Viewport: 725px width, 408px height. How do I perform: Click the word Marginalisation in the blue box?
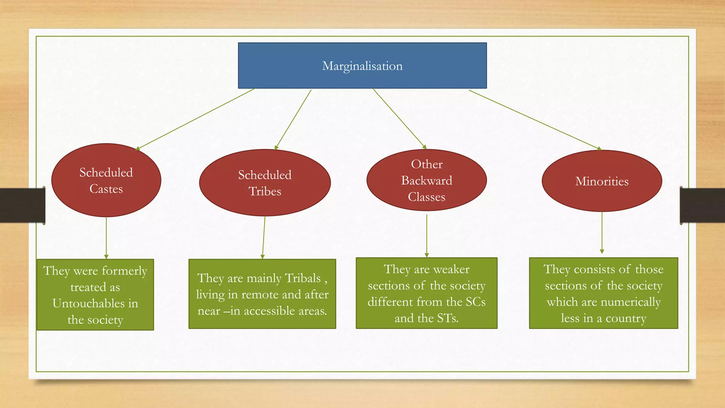pyautogui.click(x=362, y=66)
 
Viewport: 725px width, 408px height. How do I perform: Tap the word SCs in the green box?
pyautogui.click(x=475, y=302)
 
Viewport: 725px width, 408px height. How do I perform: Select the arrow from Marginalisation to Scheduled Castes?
pyautogui.click(x=195, y=119)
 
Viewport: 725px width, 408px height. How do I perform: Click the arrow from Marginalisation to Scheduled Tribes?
pyautogui.click(x=293, y=119)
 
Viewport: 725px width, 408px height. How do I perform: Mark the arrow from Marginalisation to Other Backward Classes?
pyautogui.click(x=399, y=119)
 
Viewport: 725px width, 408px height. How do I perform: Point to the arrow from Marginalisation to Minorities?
pyautogui.click(x=535, y=120)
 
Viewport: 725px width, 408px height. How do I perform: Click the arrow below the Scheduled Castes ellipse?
pyautogui.click(x=106, y=237)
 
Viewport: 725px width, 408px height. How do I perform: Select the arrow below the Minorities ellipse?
pyautogui.click(x=602, y=232)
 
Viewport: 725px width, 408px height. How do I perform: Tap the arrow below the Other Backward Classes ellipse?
pyautogui.click(x=427, y=236)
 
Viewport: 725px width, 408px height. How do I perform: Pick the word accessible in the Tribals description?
pyautogui.click(x=274, y=311)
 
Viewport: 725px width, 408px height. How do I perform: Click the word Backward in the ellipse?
pyautogui.click(x=427, y=181)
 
